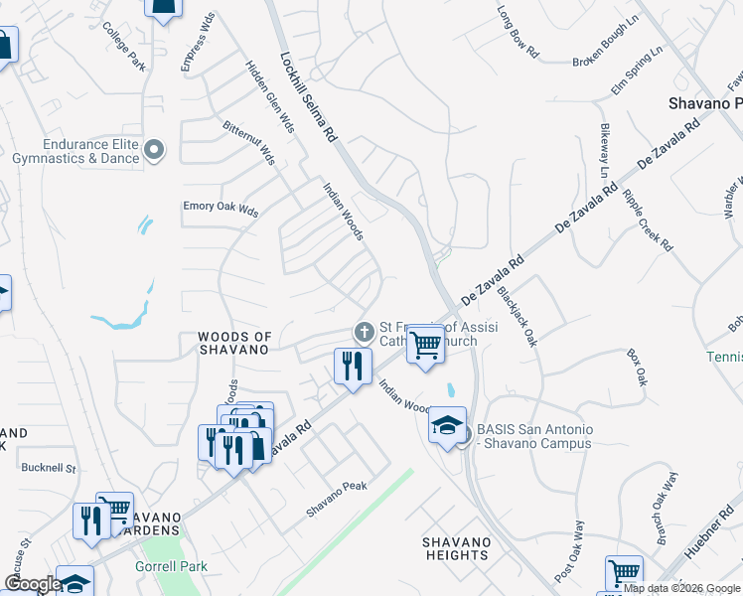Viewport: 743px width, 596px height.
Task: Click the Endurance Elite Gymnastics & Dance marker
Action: point(154,151)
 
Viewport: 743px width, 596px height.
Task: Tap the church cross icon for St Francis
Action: point(365,331)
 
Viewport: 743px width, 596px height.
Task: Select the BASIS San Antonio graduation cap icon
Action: point(448,425)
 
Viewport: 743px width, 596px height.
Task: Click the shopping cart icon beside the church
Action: point(425,344)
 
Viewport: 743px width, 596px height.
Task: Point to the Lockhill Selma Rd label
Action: point(309,95)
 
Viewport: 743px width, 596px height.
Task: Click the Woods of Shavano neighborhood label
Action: point(233,344)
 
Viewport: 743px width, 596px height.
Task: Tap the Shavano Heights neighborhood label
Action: point(457,548)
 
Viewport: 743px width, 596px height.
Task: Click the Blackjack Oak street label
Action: point(517,316)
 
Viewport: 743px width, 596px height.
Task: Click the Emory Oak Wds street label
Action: point(221,211)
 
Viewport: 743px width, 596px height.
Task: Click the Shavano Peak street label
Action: point(337,499)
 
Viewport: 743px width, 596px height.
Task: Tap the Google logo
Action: point(33,584)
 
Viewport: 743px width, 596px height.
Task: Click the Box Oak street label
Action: point(637,367)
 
